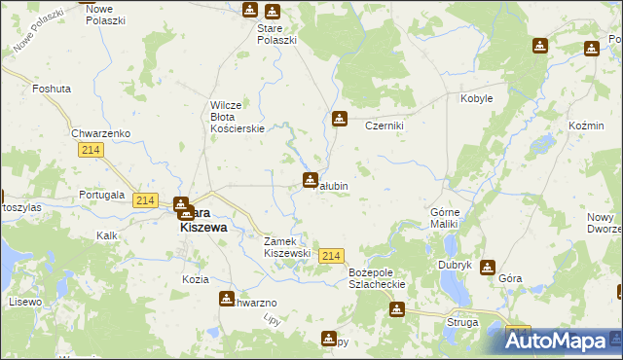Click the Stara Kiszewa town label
[x=203, y=219]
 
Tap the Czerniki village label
[x=384, y=126]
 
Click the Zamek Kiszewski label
[x=287, y=247]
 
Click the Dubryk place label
[x=455, y=265]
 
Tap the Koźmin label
[x=585, y=126]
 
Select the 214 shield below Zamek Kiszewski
[x=331, y=255]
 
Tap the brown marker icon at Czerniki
[x=339, y=119]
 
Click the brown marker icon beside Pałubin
[x=310, y=179]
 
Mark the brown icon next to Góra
[x=487, y=267]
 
